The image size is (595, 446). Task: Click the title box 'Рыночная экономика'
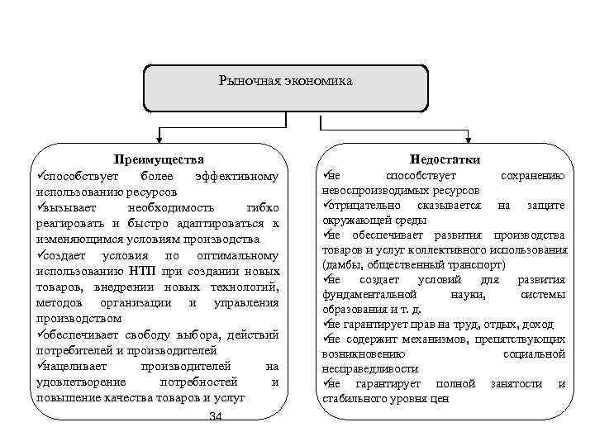tap(286, 82)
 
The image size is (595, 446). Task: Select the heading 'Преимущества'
tap(159, 159)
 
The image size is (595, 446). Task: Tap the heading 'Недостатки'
tap(445, 159)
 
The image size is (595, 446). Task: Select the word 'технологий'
tap(244, 287)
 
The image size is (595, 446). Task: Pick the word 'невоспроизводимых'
tap(372, 190)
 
